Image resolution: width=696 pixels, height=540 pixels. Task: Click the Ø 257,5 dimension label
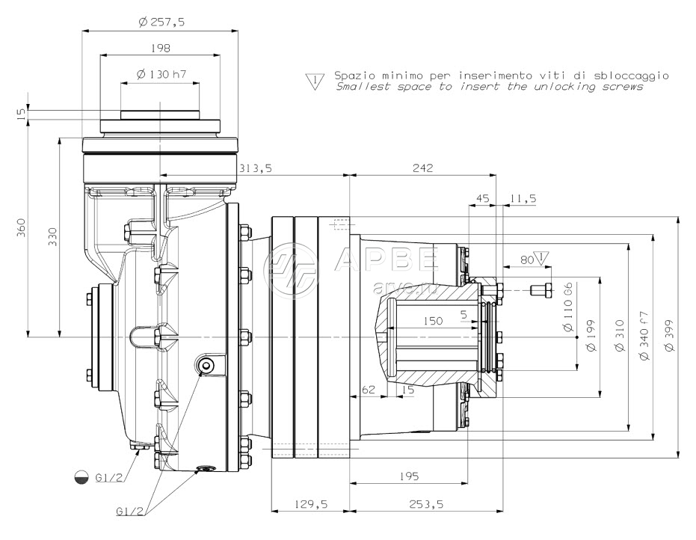tap(161, 22)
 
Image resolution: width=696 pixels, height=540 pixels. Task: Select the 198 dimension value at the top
tap(160, 48)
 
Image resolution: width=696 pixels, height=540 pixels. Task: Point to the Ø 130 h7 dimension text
tap(161, 74)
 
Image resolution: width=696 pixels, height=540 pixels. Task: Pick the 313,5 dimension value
tap(254, 169)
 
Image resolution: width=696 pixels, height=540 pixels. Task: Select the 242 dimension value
tap(422, 169)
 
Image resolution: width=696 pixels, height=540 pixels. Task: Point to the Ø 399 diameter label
tap(668, 338)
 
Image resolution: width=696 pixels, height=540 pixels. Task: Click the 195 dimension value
tap(408, 476)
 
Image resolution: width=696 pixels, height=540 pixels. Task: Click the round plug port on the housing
tap(205, 364)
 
